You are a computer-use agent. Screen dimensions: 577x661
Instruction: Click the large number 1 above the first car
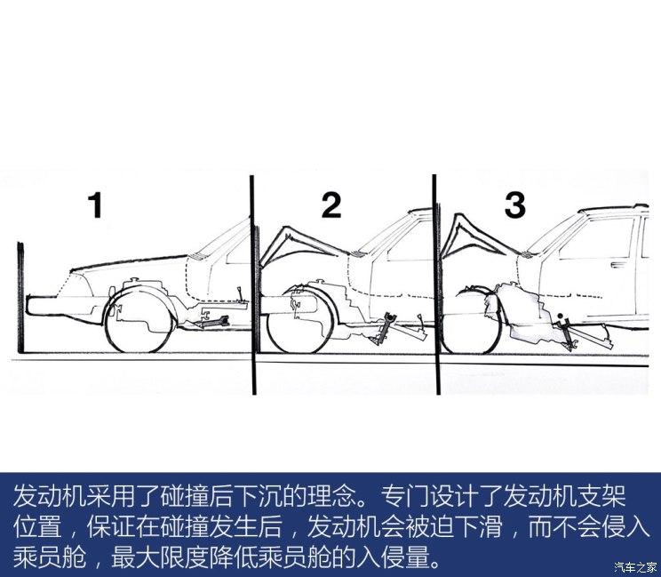95,206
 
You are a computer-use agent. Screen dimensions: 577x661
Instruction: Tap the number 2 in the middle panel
330,206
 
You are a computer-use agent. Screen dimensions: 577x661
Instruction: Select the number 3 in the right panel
515,205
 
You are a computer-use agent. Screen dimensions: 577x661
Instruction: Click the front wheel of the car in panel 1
139,319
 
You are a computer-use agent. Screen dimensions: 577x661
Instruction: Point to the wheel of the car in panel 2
299,321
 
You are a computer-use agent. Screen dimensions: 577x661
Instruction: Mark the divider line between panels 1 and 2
253,284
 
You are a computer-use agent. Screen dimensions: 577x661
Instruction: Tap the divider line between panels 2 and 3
434,284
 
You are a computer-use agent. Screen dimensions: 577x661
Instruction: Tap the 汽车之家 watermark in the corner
636,566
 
